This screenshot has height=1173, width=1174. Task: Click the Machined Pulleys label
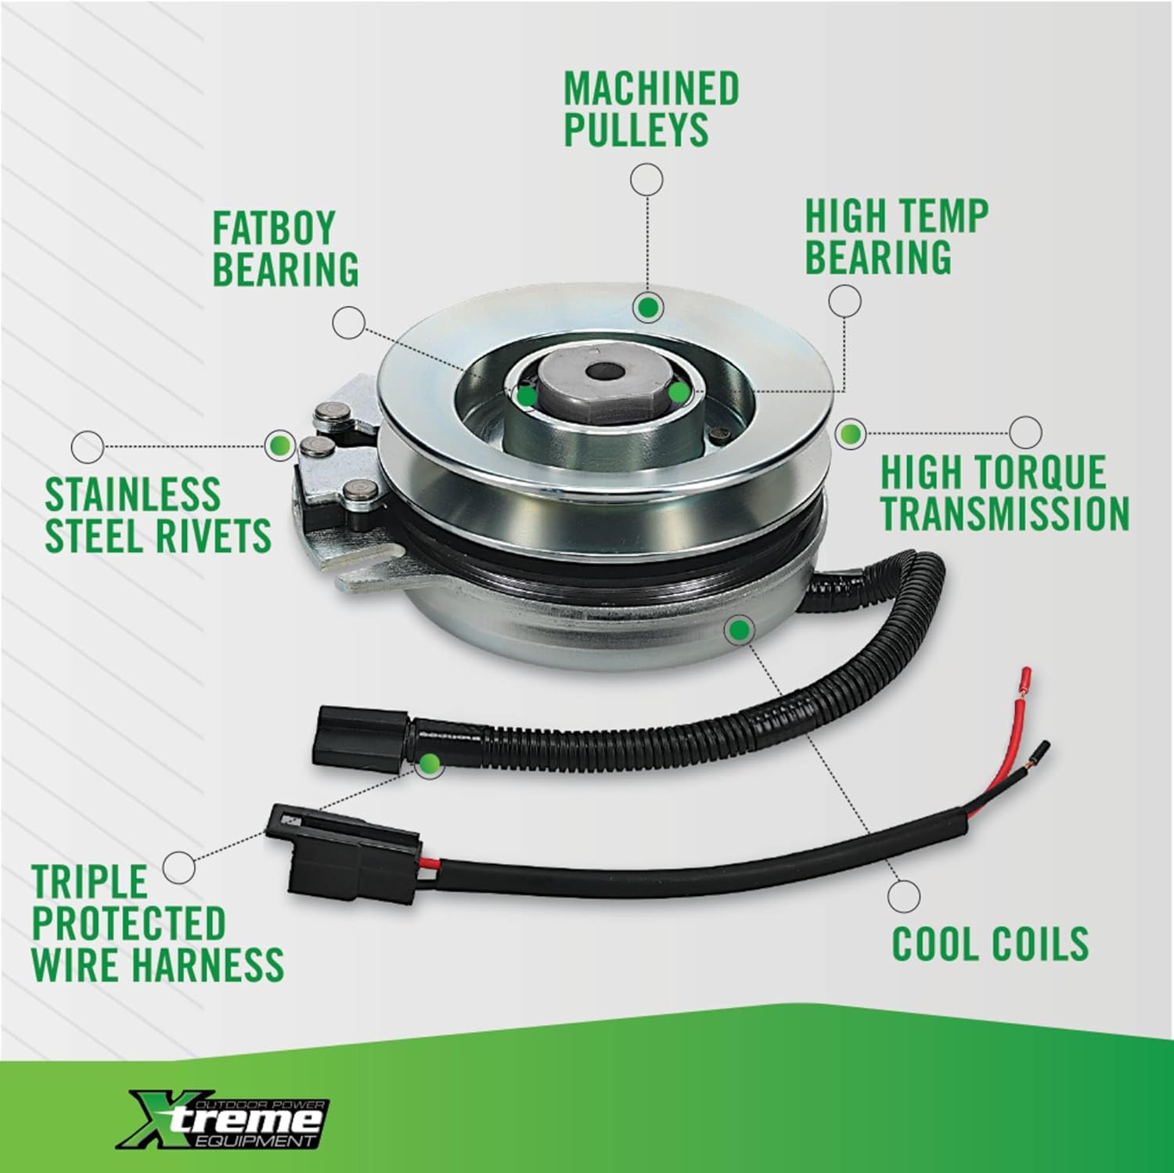651,109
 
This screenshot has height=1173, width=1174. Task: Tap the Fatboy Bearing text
285,249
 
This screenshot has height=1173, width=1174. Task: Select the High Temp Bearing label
896,236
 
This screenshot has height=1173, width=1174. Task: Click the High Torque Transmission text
1004,493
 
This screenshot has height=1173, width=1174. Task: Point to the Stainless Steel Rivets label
157,515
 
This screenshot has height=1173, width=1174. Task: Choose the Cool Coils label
990,944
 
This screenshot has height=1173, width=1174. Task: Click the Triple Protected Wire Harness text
157,923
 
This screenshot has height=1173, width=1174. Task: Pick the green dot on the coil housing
740,629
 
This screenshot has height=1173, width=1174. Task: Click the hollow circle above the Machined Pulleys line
646,179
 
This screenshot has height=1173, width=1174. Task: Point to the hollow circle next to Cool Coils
904,894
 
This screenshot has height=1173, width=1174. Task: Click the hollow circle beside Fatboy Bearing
348,322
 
